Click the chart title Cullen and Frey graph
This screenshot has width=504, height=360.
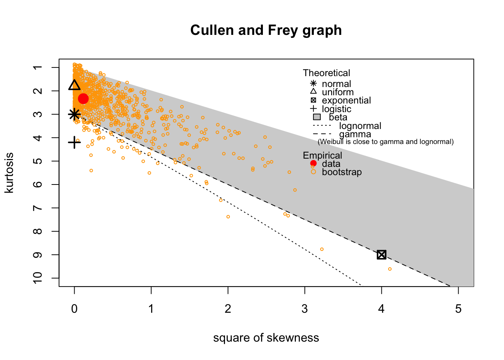tap(266, 30)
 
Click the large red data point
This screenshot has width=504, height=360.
tap(83, 99)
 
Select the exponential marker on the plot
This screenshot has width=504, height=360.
tap(381, 255)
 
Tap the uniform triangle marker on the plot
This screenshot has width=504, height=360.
tap(74, 85)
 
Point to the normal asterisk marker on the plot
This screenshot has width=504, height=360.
tap(74, 114)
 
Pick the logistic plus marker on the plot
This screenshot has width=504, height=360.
tap(74, 142)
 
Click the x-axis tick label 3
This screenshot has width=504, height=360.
tap(304, 309)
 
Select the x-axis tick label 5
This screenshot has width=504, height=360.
tap(458, 309)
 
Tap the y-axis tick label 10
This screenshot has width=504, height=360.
tap(38, 278)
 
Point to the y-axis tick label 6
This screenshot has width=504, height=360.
tap(38, 184)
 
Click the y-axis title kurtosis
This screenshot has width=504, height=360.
tap(9, 172)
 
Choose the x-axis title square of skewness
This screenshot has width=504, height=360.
tap(266, 338)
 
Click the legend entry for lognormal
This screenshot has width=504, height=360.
tap(360, 126)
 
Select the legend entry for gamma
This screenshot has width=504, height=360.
tap(355, 134)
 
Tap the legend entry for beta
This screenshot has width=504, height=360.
tap(338, 117)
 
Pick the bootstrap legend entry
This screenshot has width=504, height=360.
tap(342, 172)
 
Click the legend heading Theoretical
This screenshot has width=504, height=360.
tap(326, 73)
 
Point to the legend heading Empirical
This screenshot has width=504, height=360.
tap(322, 155)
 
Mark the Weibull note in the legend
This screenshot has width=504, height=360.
tap(385, 142)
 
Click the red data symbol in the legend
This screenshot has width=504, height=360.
tap(313, 163)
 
